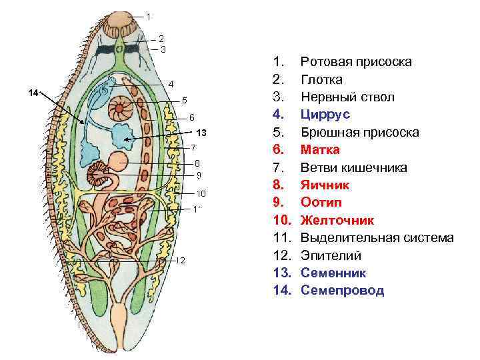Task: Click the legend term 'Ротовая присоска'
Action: coord(356,62)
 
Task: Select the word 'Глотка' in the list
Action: coord(321,79)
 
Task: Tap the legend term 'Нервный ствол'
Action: coord(347,97)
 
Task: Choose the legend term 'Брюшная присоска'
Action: coord(359,132)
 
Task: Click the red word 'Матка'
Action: coord(320,150)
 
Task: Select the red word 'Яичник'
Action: coord(325,185)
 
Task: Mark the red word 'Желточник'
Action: coord(337,220)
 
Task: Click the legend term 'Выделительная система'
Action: coord(377,237)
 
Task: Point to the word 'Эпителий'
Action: coord(331,255)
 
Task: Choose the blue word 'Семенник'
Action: coord(333,273)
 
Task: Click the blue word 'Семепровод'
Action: coord(342,291)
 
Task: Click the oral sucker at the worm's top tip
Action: coord(122,23)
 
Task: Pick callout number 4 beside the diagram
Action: coord(171,84)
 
